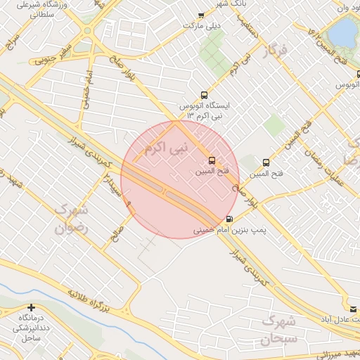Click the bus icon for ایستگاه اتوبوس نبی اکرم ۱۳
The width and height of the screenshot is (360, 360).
tap(204, 95)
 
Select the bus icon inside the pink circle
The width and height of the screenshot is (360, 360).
tap(213, 160)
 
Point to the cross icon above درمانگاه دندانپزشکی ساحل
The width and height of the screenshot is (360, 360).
tap(31, 307)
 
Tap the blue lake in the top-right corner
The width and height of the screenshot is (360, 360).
tap(344, 31)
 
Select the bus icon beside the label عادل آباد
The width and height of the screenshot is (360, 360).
tap(353, 309)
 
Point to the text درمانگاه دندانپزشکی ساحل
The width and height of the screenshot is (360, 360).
tap(32, 328)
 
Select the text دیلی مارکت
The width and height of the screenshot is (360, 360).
tap(203, 25)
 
